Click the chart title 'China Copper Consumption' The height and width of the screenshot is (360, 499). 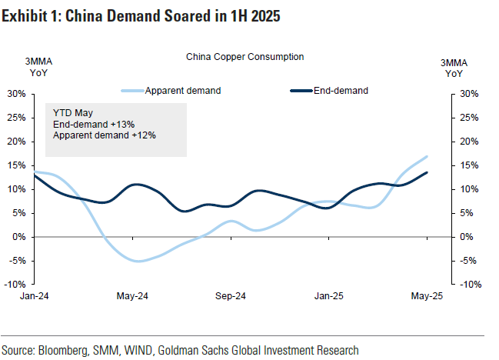tap(245, 56)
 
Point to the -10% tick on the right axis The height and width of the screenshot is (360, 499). tap(470, 284)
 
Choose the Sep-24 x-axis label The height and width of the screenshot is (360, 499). tap(230, 295)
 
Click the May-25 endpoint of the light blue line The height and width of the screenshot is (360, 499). tap(427, 156)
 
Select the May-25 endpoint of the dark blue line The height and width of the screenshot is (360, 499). tap(427, 172)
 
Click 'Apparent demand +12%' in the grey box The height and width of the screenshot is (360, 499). tap(105, 135)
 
